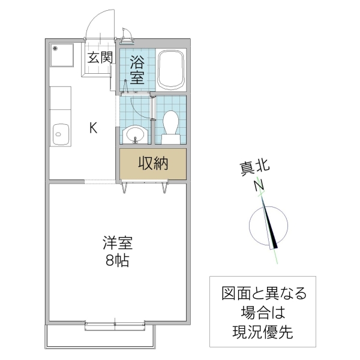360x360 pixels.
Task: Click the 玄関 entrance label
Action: (100, 58)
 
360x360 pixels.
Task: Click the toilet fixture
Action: (171, 125)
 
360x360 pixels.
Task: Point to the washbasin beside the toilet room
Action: (136, 134)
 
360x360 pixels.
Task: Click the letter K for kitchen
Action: (94, 127)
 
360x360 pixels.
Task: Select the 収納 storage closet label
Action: (153, 163)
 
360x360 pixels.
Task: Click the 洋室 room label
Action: (117, 244)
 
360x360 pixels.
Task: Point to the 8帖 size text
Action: (117, 261)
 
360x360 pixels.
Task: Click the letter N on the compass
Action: (259, 186)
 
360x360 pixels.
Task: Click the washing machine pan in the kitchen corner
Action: (61, 56)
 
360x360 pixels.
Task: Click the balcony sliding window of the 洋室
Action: (115, 324)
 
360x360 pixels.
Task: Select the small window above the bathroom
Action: (127, 38)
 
